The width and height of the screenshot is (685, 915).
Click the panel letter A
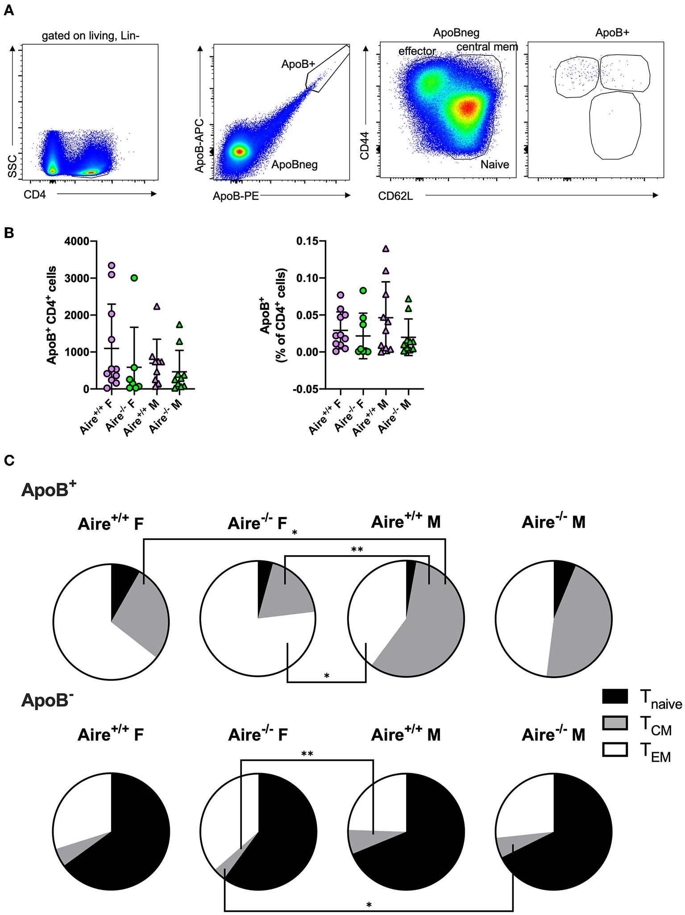[x=8, y=10]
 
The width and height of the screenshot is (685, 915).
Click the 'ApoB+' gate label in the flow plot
[x=298, y=64]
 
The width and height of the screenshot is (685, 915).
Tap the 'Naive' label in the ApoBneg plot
[x=494, y=165]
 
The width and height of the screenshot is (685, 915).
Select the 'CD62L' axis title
[x=395, y=196]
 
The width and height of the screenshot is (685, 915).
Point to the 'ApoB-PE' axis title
[x=236, y=196]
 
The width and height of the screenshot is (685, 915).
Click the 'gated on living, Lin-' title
[x=91, y=36]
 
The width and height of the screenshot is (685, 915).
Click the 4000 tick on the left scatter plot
[x=77, y=241]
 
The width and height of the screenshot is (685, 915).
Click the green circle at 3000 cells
[x=134, y=278]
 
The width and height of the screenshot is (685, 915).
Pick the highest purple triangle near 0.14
[x=386, y=249]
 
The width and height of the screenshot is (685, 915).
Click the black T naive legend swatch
[x=614, y=696]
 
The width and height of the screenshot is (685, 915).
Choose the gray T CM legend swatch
[x=614, y=723]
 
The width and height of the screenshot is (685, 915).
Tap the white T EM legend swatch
[x=614, y=749]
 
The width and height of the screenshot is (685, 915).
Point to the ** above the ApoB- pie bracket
[x=307, y=754]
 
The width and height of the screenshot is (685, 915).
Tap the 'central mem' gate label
[x=487, y=47]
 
